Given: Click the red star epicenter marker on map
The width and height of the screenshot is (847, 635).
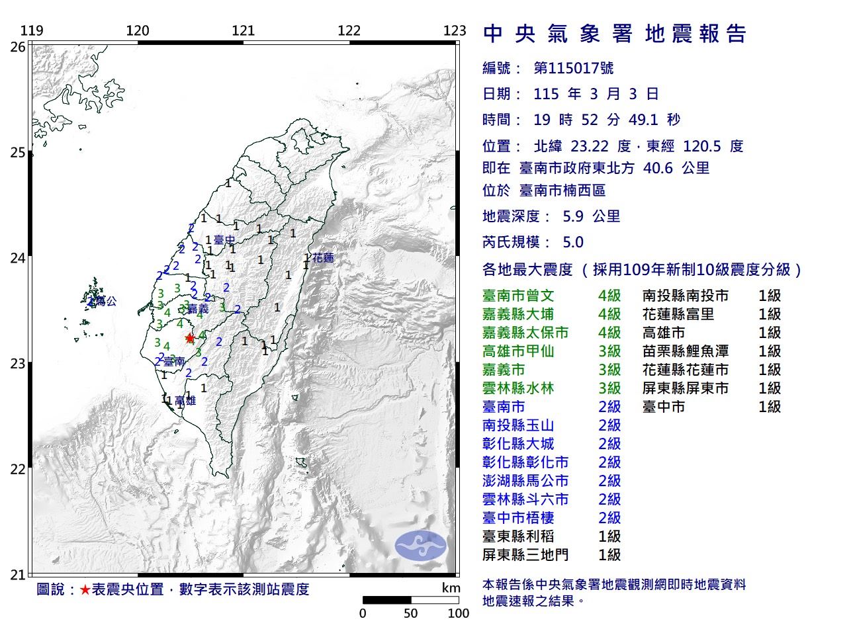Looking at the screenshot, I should [x=190, y=338].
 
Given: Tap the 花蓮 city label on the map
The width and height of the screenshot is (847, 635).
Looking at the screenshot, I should [x=324, y=258].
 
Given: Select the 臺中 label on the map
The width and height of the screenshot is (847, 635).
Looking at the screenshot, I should [x=224, y=240].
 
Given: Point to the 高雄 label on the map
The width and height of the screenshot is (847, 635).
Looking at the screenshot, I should [x=185, y=401].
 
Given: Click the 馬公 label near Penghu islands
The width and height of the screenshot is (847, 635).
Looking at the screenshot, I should [x=106, y=302].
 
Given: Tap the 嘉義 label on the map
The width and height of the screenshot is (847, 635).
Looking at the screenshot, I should [x=199, y=309].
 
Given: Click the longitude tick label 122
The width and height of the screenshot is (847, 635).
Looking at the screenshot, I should [x=349, y=30].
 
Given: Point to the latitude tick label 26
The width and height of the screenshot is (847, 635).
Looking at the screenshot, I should [x=18, y=47].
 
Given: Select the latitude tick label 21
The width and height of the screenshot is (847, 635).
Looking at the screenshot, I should [x=18, y=574].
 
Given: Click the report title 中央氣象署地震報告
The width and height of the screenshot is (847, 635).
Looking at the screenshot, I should [x=615, y=34].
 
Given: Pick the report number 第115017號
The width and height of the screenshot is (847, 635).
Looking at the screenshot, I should [x=573, y=68].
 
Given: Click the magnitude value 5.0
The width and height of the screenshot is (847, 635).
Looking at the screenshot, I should [x=572, y=242].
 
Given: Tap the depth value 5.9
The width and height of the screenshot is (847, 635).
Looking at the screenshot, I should [x=572, y=216].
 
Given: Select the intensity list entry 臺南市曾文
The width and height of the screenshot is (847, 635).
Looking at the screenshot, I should [x=518, y=296].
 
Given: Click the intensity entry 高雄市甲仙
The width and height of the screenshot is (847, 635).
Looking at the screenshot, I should [x=518, y=351].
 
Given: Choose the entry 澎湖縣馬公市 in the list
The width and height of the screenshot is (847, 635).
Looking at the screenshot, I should [x=525, y=481].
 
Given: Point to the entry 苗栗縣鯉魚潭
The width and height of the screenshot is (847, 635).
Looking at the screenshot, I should [x=685, y=351].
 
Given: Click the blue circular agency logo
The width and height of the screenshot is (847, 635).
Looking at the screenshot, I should [x=421, y=546].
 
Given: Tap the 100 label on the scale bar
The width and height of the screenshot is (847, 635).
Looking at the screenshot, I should [x=458, y=613].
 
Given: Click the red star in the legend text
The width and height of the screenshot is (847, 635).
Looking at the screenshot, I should [x=85, y=589].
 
